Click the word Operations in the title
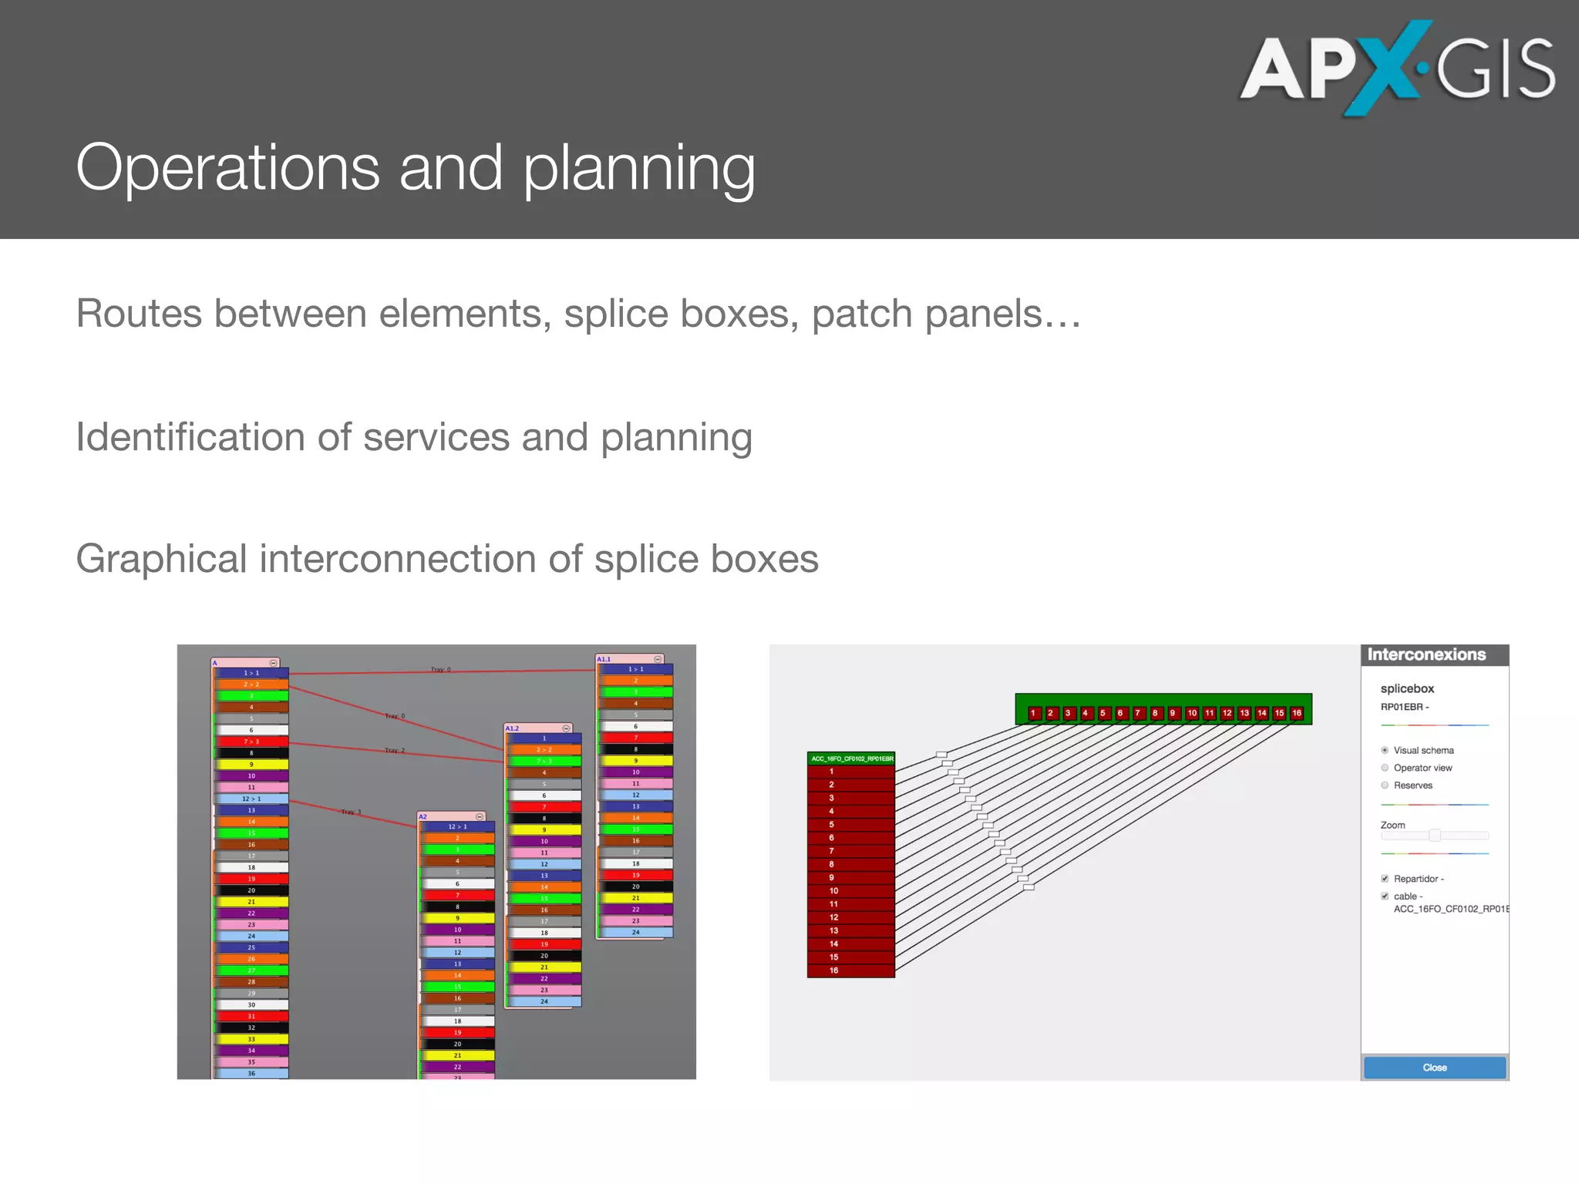[227, 168]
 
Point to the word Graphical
[161, 559]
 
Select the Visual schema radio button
[1385, 750]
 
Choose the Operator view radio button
[1385, 768]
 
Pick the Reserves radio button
[1385, 785]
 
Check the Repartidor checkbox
[1385, 879]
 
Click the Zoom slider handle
[1434, 836]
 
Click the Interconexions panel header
[1434, 655]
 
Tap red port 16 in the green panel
[1297, 713]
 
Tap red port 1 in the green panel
[1033, 713]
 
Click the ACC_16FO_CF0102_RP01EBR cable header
[851, 758]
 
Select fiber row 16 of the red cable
[850, 970]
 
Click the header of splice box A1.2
[538, 728]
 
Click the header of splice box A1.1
[628, 659]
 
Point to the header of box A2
[451, 816]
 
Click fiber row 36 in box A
[251, 1073]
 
